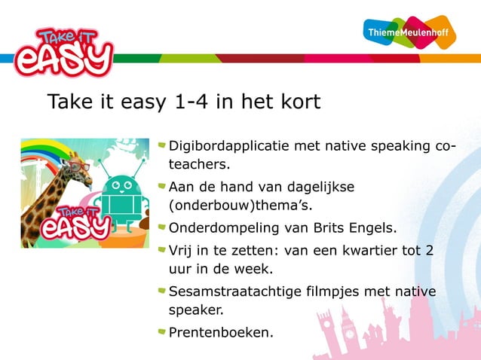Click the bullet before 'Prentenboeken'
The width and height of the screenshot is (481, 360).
[161, 330]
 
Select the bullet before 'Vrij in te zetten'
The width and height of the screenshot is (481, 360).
[161, 249]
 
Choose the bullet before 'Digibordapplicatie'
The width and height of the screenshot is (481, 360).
[161, 145]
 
